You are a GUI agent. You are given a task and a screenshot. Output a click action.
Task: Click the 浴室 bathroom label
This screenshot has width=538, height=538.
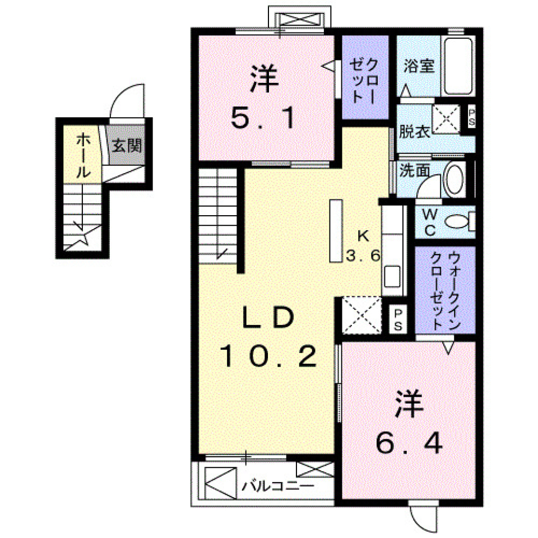point(419,66)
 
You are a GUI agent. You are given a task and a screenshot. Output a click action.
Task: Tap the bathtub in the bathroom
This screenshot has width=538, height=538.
point(458,66)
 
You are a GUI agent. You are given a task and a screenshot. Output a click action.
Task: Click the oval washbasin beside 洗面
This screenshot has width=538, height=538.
point(454,179)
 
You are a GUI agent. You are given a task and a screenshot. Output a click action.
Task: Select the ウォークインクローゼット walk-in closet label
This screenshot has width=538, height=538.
point(446,291)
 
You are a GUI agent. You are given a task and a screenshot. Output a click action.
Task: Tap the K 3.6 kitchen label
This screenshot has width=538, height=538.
point(363,246)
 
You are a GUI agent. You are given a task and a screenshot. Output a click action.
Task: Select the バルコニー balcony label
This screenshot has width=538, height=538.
point(277,485)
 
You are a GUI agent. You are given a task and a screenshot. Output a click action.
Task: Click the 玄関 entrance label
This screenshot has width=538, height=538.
point(126,146)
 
